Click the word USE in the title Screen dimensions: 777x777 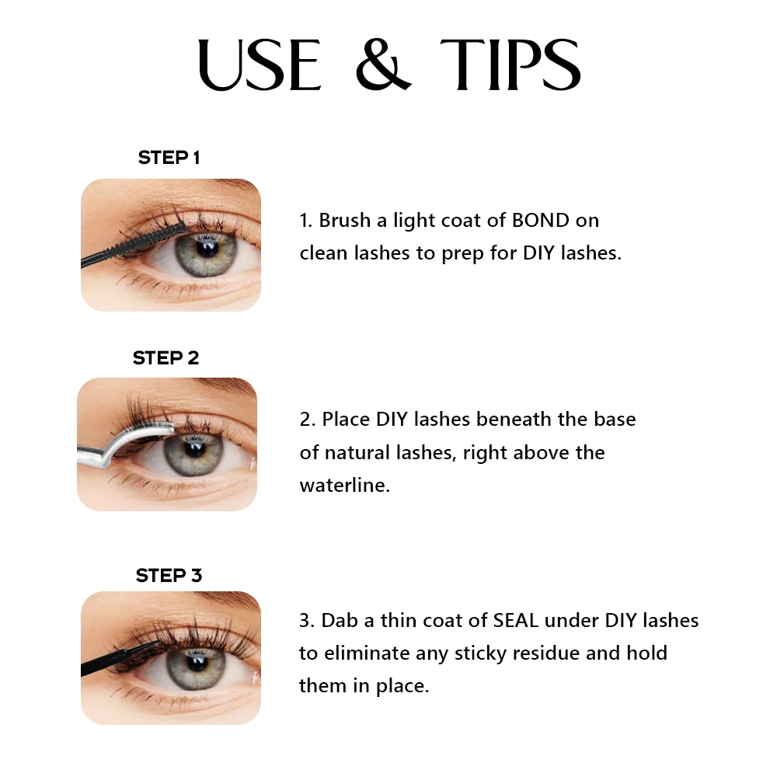click(x=260, y=64)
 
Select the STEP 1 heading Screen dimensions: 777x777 click(x=169, y=158)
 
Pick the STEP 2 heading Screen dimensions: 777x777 click(x=166, y=358)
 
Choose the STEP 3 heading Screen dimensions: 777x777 click(x=169, y=576)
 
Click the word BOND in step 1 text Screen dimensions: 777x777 click(x=541, y=221)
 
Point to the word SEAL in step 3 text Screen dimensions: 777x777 click(x=517, y=621)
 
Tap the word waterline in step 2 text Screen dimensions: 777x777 click(x=344, y=486)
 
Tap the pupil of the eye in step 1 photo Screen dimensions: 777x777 click(x=206, y=249)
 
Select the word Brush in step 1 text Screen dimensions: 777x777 click(x=344, y=221)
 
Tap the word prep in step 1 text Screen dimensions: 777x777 click(x=462, y=254)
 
